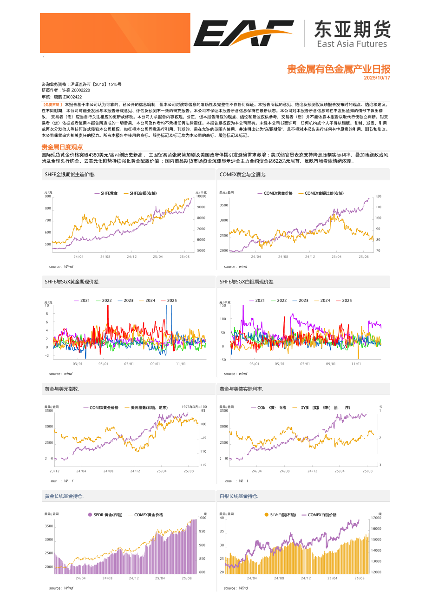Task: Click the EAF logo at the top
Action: click(243, 33)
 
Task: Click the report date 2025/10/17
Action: click(377, 78)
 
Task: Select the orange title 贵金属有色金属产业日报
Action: click(338, 69)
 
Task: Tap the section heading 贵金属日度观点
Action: click(62, 147)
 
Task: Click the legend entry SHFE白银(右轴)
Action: click(143, 193)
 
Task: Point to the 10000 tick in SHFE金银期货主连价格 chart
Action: click(201, 197)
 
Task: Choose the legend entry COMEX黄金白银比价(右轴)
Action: click(324, 193)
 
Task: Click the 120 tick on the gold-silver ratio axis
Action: click(378, 197)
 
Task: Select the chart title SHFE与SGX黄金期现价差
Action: click(72, 282)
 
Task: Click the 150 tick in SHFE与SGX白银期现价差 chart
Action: click(223, 305)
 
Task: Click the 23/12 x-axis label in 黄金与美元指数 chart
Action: click(54, 471)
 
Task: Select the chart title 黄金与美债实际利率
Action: click(241, 389)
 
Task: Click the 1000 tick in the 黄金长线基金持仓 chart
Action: click(202, 518)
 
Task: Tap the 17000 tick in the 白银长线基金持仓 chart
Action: click(376, 518)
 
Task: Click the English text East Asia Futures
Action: click(352, 44)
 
